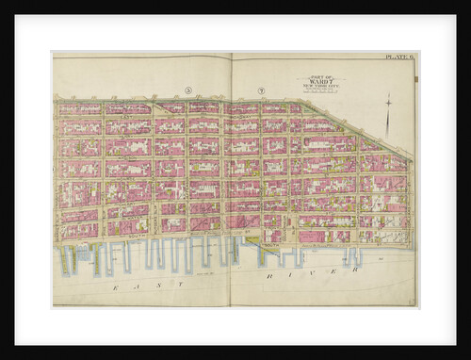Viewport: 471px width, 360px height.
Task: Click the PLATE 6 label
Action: point(399,58)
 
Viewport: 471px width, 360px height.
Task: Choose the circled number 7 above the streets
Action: point(258,90)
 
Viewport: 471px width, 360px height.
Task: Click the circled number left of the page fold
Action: point(188,90)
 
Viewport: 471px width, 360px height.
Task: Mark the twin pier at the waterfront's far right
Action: point(352,254)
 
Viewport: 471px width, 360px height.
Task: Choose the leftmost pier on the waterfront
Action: point(64,258)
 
